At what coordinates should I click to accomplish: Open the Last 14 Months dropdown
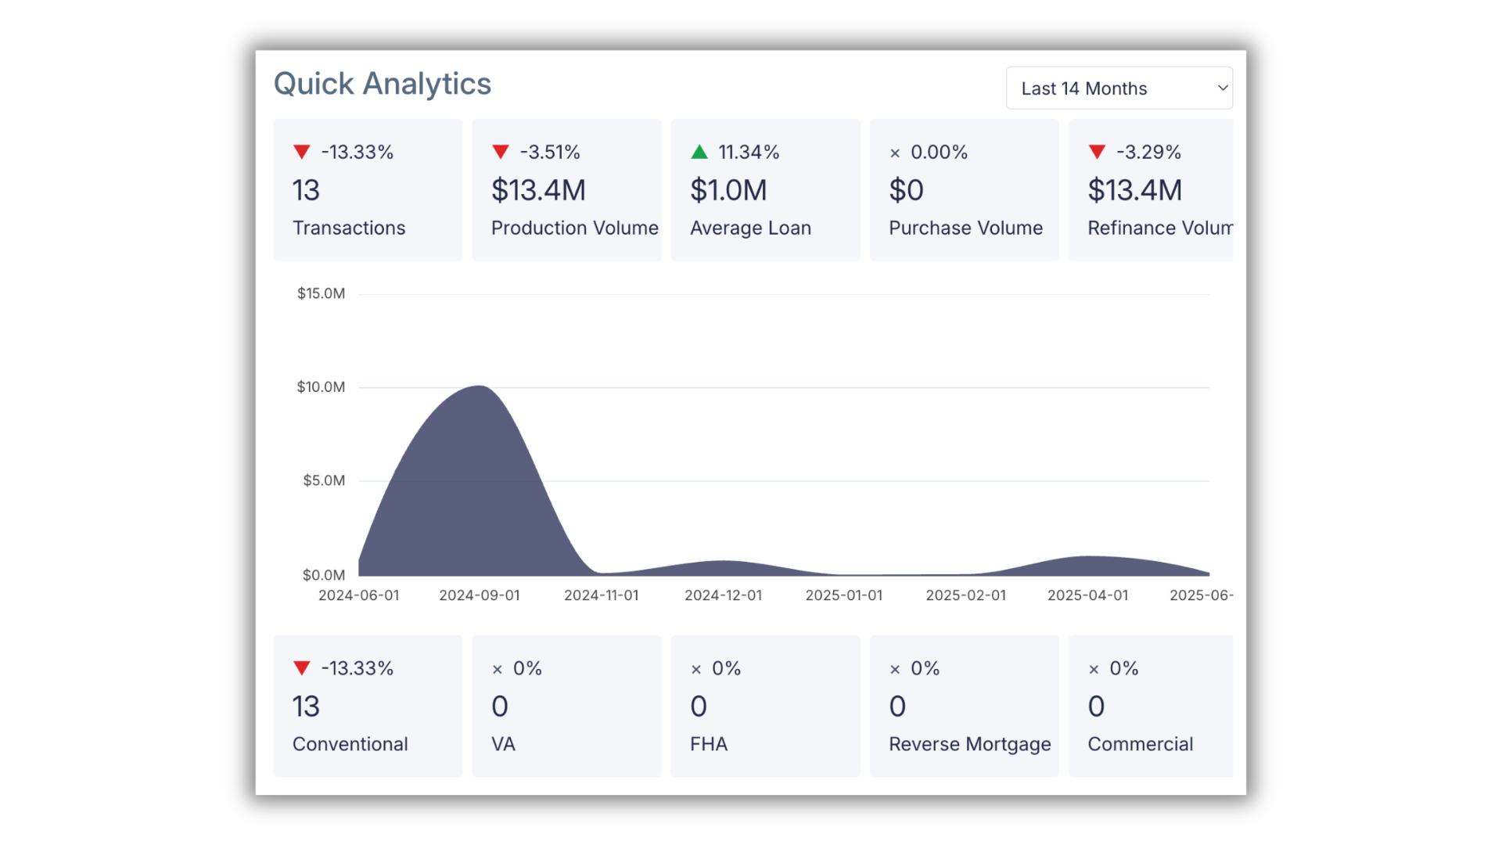1119,88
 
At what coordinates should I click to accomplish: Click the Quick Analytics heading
382,84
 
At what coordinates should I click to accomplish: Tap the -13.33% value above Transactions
357,152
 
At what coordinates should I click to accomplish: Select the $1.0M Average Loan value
728,190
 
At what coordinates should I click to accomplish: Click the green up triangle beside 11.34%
699,152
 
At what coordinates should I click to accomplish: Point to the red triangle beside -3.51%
501,152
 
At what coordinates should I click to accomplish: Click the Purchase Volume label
965,228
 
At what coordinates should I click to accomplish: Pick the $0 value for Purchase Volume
906,190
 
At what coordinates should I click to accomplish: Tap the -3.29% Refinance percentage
1148,152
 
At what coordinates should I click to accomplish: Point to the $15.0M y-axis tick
321,293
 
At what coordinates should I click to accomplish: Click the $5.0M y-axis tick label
324,480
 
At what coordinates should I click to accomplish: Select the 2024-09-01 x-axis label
479,595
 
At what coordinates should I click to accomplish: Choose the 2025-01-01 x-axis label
843,595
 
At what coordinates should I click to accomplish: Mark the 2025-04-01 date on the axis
1087,595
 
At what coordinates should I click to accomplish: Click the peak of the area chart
479,387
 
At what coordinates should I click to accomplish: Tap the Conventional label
350,744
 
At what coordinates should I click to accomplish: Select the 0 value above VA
500,707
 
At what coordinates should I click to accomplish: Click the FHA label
708,744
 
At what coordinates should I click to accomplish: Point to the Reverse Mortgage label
969,744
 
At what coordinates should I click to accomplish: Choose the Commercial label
1140,744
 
